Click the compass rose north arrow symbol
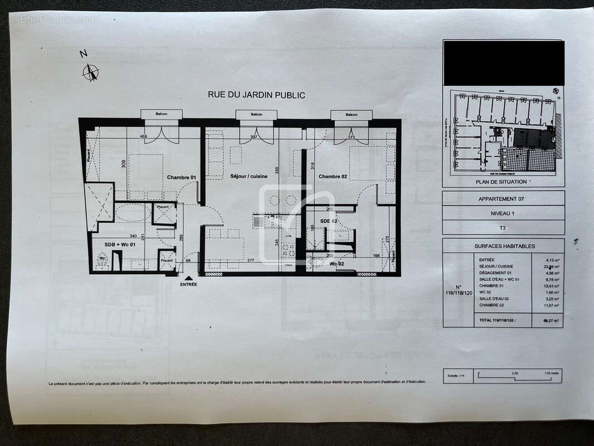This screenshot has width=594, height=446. coord(91,72)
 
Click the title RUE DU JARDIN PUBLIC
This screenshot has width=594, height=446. coord(256,95)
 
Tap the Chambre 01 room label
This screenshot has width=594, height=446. coord(182,177)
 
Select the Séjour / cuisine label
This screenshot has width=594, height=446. coord(249,176)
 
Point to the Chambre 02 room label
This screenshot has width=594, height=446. coord(333,177)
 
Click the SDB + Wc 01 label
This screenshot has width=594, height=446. coord(109,244)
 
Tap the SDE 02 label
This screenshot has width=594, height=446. coord(329,221)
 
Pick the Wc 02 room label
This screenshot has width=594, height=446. coord(336,263)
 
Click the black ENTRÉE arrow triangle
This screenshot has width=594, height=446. coord(188,278)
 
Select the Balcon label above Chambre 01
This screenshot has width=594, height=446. coord(162,114)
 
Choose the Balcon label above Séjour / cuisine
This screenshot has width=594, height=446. coord(256,114)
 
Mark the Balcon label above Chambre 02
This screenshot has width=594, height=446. coord(351,114)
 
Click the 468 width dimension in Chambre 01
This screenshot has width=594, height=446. coord(143,137)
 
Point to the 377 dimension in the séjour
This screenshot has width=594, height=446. coord(251,260)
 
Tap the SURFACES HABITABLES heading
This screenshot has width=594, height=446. coord(504,246)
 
